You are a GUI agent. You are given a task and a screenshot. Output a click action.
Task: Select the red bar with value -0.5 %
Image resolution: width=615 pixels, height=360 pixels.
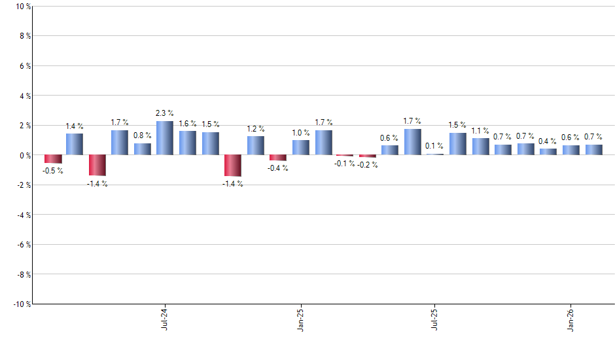53,159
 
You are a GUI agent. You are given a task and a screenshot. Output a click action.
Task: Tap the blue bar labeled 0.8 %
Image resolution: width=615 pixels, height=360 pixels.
142,149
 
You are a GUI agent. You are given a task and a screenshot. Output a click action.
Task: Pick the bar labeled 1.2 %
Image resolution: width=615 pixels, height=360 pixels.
255,145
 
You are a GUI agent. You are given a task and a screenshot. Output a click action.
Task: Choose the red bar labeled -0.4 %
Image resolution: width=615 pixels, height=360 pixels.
277,158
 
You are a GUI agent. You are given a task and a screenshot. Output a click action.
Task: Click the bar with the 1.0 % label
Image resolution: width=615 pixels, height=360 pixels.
300,147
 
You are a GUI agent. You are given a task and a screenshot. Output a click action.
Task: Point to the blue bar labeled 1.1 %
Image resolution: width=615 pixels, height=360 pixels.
480,147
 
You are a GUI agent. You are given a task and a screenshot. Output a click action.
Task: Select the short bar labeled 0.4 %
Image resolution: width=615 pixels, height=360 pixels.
548,152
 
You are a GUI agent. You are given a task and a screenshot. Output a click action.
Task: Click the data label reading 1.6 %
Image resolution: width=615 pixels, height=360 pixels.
188,124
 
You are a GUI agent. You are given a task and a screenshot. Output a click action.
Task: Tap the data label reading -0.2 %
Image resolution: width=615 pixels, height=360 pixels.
368,164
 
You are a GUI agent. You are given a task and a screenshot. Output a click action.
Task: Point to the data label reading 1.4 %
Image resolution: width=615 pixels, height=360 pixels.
74,126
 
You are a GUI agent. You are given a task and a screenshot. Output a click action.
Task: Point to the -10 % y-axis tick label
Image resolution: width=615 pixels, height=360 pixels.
20,304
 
